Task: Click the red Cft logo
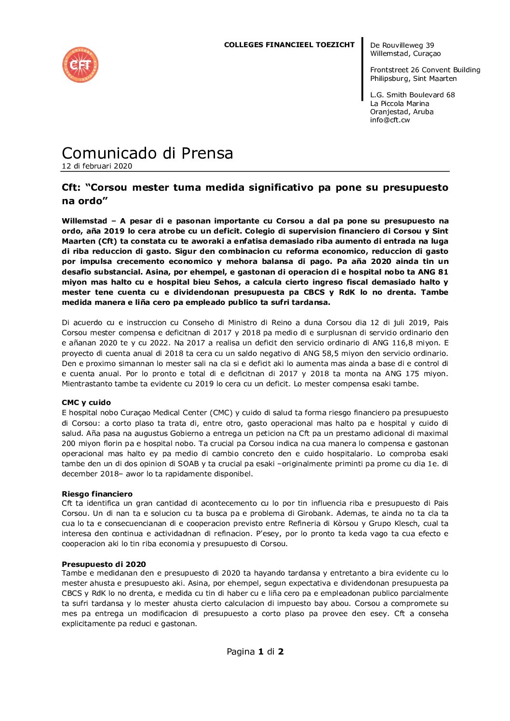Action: click(80, 65)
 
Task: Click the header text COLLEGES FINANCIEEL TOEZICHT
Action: click(289, 45)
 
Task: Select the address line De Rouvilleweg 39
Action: click(402, 45)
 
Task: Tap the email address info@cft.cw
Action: click(389, 120)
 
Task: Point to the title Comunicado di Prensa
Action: click(147, 153)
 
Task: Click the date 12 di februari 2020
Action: click(96, 166)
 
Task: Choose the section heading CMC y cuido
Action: click(86, 403)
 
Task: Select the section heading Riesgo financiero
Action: click(96, 494)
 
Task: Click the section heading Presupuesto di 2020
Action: click(103, 564)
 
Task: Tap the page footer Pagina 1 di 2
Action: click(255, 652)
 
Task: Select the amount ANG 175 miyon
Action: click(416, 374)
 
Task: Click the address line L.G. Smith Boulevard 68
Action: click(412, 95)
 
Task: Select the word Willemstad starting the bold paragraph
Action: click(84, 221)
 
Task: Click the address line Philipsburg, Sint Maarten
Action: click(413, 79)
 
